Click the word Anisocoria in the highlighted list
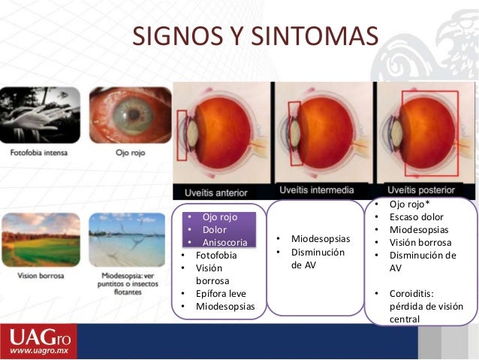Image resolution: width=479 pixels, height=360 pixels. pos(224,241)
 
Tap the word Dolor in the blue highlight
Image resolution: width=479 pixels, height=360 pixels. pos(215,229)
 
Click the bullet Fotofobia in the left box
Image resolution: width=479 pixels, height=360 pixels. pos(216,255)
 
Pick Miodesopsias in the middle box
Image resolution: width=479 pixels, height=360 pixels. pos(321,239)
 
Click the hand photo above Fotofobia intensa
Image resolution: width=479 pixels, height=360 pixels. pos(39,116)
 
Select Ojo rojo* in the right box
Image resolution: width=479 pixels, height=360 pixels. pos(410,204)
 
